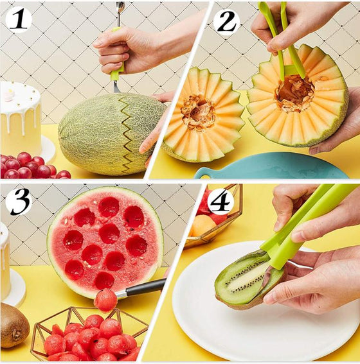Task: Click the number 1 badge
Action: pos(19,19)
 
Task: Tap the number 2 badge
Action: pos(226,21)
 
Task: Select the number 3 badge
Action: pos(19,202)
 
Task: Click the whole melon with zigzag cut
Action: pos(109,133)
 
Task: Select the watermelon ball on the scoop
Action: pos(105,299)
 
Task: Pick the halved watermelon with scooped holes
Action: pos(105,238)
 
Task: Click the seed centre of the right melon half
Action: pos(295,92)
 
